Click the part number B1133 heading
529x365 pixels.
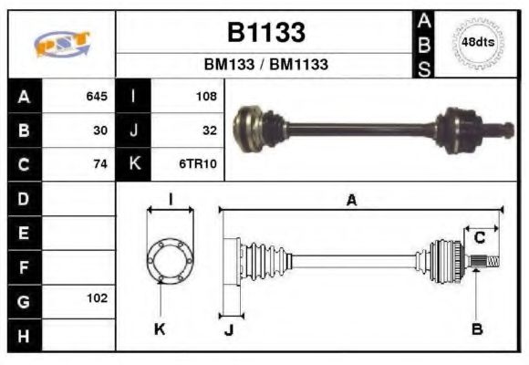coord(265,33)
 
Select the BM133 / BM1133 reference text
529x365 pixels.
coord(265,65)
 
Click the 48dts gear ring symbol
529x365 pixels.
coord(476,43)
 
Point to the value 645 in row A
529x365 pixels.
coord(97,96)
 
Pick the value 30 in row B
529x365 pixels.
coord(100,130)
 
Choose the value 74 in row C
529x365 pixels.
coord(100,164)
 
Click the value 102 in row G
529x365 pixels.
coord(97,298)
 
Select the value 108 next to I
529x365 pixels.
coord(206,96)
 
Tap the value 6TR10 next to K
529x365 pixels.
coord(199,164)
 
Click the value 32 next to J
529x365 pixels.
coord(209,130)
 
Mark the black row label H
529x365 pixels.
coord(24,334)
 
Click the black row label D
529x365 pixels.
coord(24,198)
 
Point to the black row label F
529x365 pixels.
coord(24,266)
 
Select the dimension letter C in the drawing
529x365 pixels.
coord(479,238)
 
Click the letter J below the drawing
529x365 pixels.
coord(228,330)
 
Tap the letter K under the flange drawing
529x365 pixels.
coord(161,328)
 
